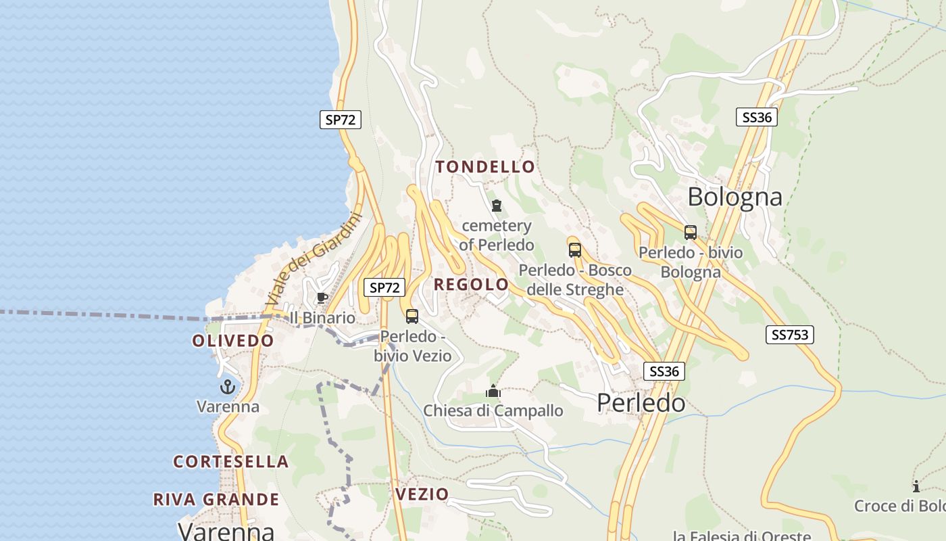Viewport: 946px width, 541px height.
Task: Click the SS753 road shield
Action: click(x=789, y=334)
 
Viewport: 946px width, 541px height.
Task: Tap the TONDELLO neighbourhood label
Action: click(x=485, y=166)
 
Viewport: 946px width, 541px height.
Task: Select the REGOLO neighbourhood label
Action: click(x=471, y=284)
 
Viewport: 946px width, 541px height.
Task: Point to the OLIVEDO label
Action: click(x=233, y=340)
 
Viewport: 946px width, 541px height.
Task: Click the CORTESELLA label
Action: click(x=231, y=461)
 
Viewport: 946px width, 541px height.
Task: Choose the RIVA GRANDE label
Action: click(x=216, y=499)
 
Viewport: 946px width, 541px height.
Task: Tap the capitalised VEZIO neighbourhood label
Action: click(x=422, y=494)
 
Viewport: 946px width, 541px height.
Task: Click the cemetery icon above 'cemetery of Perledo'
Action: click(x=497, y=205)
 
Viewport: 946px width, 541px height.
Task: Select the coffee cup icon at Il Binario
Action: click(x=322, y=298)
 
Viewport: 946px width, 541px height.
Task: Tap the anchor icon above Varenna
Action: click(x=228, y=387)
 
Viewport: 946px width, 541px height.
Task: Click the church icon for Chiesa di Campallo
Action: click(x=493, y=391)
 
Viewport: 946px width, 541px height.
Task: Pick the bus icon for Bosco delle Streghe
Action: click(x=575, y=250)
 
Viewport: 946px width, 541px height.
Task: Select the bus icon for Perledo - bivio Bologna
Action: click(x=690, y=233)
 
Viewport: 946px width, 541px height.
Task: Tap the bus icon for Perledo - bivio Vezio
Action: click(x=412, y=316)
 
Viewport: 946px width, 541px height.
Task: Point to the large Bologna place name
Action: click(x=735, y=197)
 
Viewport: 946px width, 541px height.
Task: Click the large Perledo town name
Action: click(x=641, y=403)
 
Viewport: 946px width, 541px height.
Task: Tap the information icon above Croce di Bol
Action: click(x=916, y=486)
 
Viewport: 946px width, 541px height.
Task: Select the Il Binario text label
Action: click(x=322, y=318)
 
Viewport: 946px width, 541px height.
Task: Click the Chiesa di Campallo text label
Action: click(x=493, y=410)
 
